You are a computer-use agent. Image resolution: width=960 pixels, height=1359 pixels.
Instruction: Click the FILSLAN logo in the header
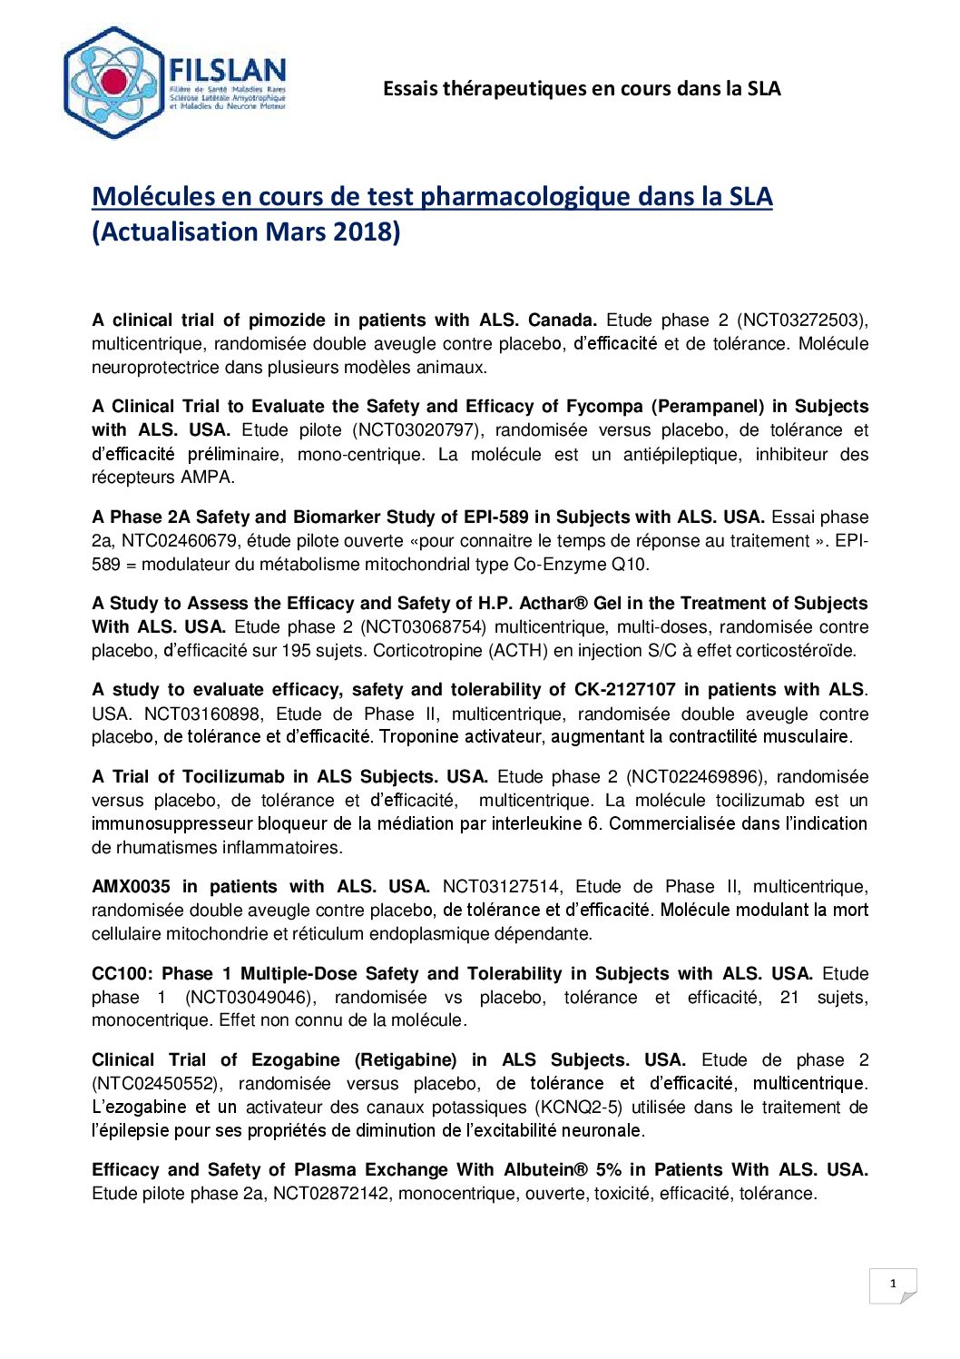click(x=175, y=83)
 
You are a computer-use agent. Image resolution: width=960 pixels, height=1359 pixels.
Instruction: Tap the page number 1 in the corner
click(x=893, y=1284)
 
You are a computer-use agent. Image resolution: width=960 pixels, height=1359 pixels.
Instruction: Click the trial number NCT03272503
click(x=801, y=320)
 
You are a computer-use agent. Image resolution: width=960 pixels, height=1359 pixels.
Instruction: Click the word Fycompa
click(x=604, y=407)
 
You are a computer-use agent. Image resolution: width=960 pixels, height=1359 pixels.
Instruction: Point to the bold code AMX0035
click(x=131, y=887)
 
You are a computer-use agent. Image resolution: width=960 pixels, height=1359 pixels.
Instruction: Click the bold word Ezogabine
click(x=296, y=1060)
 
